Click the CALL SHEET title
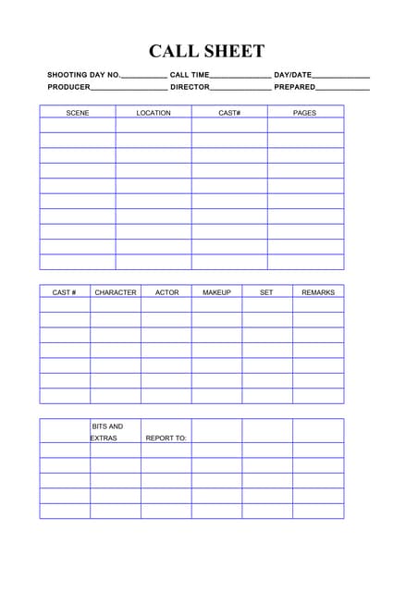point(207,52)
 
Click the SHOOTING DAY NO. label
point(84,74)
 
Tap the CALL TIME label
point(190,74)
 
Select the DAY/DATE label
point(293,74)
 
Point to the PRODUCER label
point(69,87)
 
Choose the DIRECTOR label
point(190,87)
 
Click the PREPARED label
point(295,87)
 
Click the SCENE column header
point(78,113)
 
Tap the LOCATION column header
point(154,113)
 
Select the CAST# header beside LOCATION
point(229,113)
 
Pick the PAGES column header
point(304,113)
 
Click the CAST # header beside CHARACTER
point(64,292)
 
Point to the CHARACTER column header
point(116,292)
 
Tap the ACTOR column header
point(166,292)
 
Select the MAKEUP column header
point(216,292)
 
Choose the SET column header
point(266,292)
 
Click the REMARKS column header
point(318,292)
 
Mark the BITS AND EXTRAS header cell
point(106,432)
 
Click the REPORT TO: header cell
point(166,438)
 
